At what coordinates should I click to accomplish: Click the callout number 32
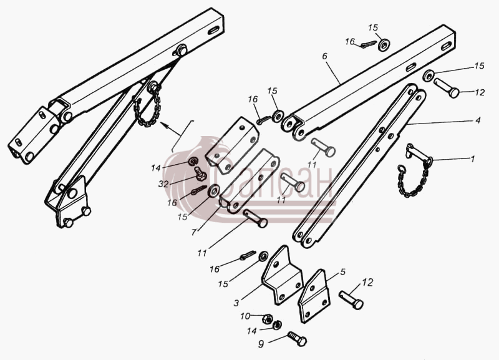(163, 183)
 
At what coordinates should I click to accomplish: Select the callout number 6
(324, 56)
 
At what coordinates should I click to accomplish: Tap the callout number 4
(478, 120)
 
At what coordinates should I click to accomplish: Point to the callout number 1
(473, 158)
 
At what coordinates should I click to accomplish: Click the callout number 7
(194, 232)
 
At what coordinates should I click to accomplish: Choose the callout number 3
(236, 303)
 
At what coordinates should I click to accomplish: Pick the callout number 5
(342, 272)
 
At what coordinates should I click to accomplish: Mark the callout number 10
(245, 316)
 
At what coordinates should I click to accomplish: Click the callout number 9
(261, 344)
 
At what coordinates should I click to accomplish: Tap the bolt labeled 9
(297, 339)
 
